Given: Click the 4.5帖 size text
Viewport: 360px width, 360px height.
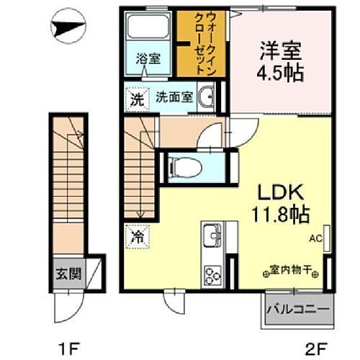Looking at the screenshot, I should tap(282, 73).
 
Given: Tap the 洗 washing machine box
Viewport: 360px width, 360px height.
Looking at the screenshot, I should tap(135, 99).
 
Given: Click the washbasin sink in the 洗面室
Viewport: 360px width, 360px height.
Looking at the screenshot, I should tap(206, 99).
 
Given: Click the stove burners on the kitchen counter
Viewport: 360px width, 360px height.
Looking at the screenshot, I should tap(213, 275).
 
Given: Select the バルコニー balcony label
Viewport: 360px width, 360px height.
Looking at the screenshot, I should tap(298, 311).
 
